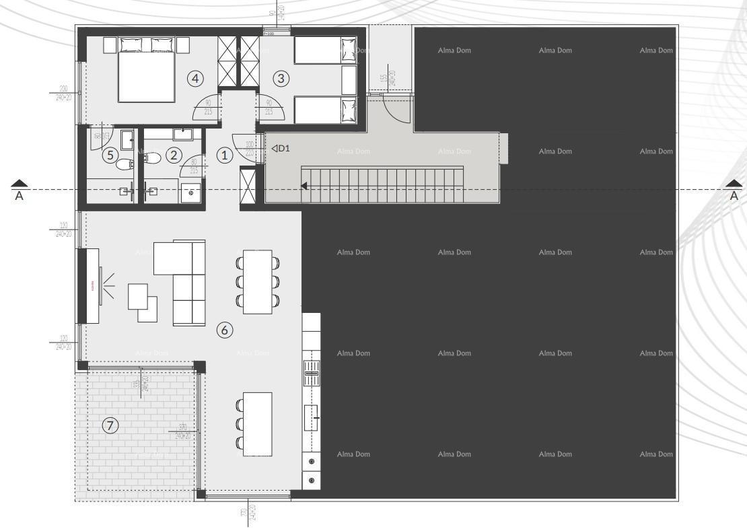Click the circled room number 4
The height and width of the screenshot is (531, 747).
click(195, 79)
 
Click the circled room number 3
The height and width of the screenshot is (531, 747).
click(281, 79)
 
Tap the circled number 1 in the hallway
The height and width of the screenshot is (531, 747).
click(225, 155)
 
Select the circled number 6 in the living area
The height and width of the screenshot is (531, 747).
click(225, 330)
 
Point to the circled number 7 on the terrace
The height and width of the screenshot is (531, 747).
click(110, 425)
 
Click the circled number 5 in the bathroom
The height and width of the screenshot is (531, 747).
click(110, 155)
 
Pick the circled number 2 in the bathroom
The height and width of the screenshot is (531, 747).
click(174, 155)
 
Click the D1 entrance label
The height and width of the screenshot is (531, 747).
click(281, 148)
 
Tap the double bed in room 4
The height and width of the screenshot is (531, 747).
click(146, 73)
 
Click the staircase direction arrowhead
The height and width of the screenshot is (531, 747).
click(306, 186)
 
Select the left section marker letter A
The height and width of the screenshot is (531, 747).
click(20, 197)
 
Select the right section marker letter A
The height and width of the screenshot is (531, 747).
click(734, 197)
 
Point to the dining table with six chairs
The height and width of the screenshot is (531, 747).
click(257, 281)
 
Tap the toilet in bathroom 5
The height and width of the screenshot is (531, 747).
click(125, 164)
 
